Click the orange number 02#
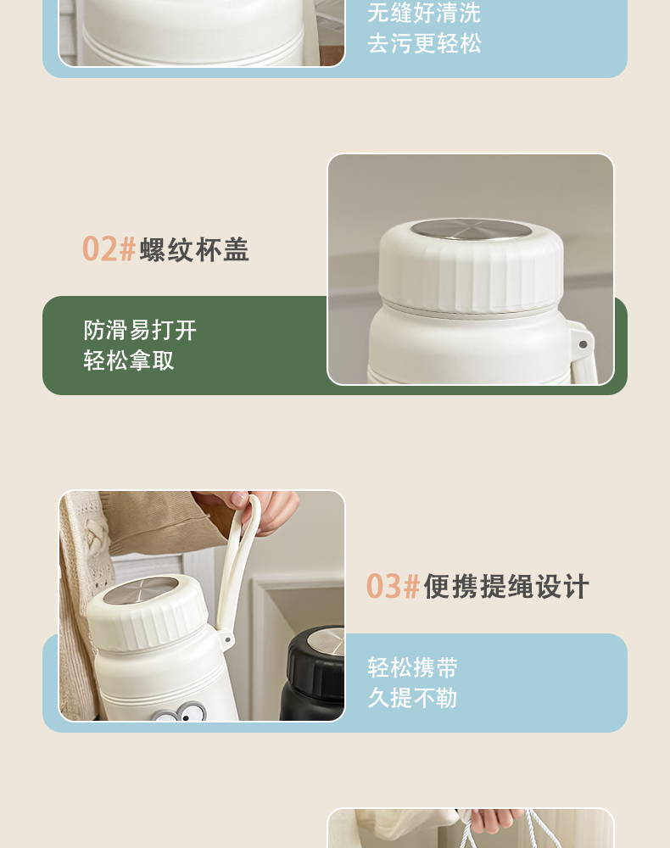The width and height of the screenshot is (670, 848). coord(109,249)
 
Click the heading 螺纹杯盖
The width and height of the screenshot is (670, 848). coord(194,250)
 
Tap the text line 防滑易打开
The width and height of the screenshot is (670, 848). coord(140,330)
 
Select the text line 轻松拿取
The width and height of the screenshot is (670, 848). coord(129,360)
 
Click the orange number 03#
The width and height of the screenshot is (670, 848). coord(394,586)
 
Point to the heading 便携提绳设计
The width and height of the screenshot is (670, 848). coord(506,587)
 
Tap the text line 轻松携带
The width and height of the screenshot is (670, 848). coord(412,667)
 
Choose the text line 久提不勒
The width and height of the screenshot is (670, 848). coord(412,698)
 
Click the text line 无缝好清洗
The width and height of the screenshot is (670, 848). coord(424,13)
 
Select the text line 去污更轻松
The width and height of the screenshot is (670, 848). coord(424,43)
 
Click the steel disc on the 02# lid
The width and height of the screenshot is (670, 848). coord(471,229)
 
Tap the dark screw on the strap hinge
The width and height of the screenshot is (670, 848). coord(583,344)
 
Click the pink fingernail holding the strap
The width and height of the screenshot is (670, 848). coord(238,499)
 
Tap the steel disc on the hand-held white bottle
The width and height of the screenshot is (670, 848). coord(141,590)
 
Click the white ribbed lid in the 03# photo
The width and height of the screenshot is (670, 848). coord(147,613)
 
